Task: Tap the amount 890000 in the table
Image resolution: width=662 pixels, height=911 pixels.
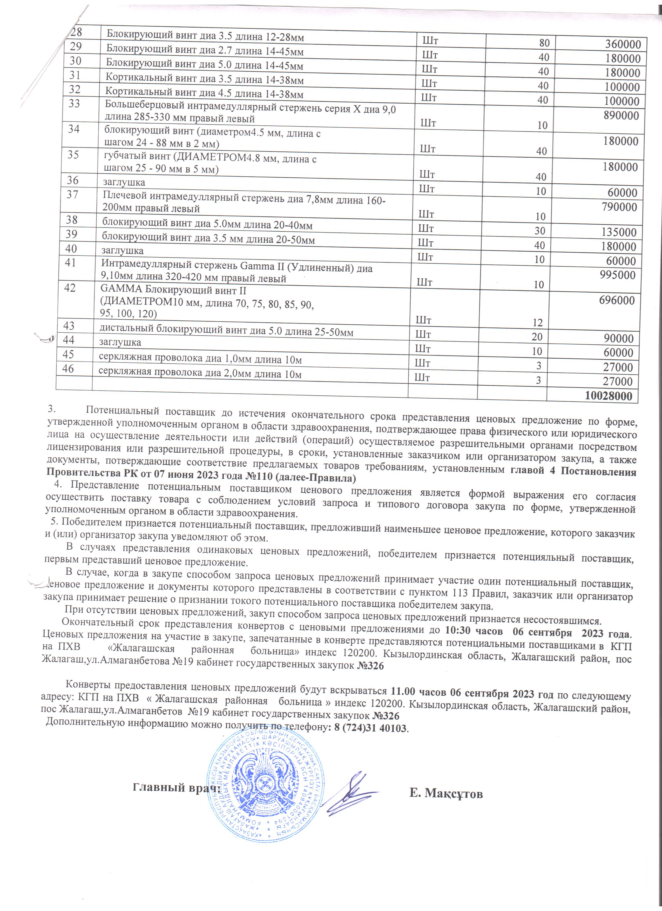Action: [621, 116]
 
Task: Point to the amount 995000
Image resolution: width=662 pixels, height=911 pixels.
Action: [617, 275]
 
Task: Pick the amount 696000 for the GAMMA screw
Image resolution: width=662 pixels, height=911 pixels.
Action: [617, 300]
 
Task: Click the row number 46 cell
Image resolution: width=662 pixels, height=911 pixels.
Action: [68, 368]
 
